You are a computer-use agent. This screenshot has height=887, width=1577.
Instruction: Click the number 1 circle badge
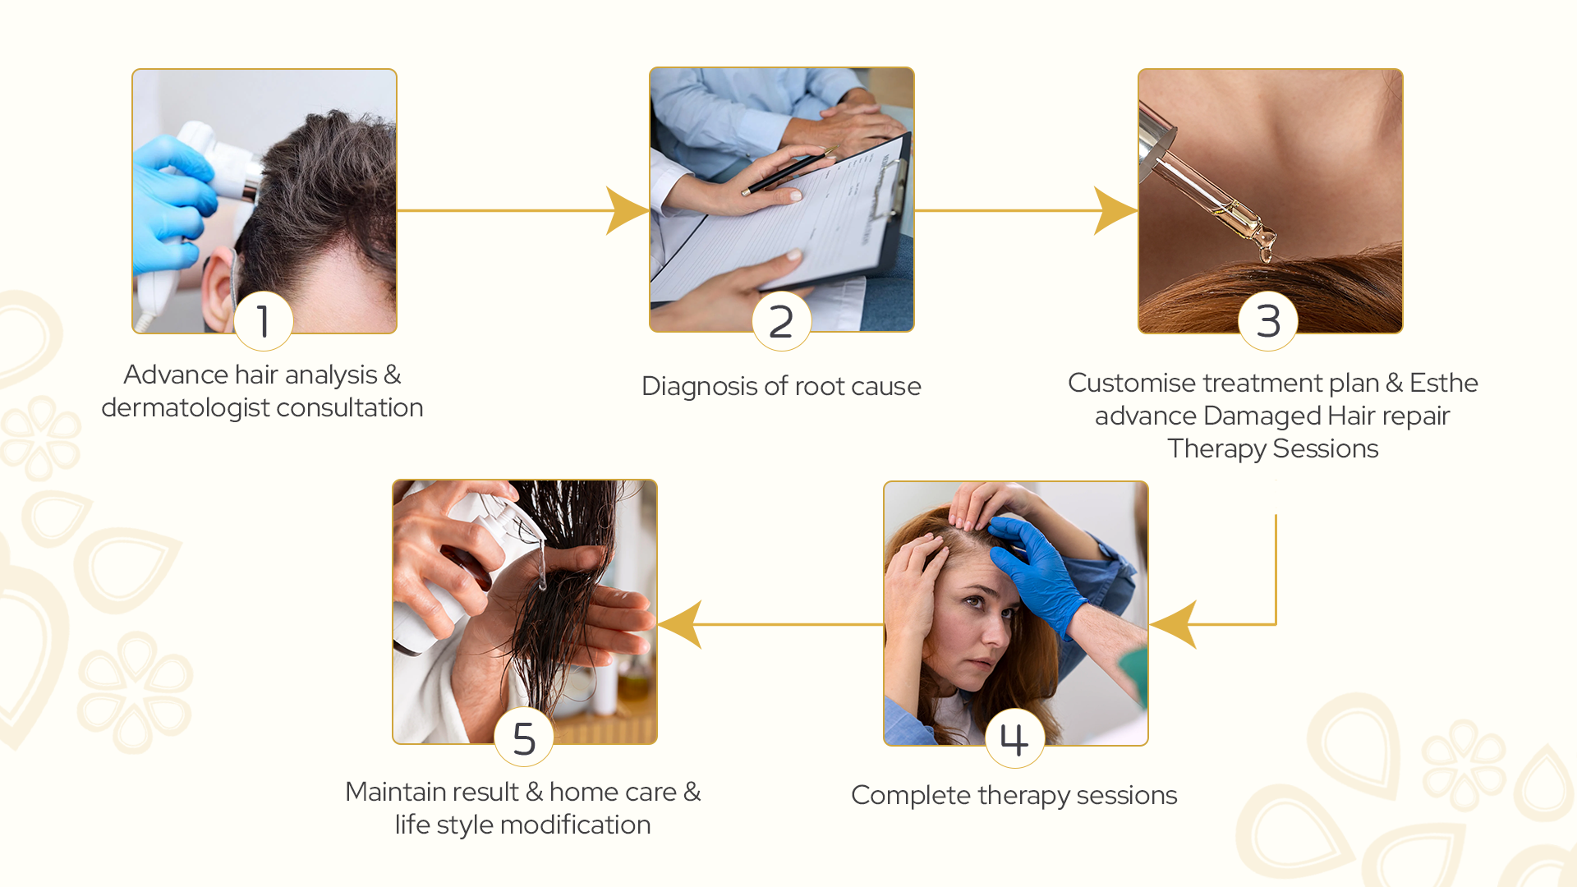click(264, 321)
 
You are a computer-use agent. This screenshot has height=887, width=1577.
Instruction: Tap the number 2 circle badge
click(781, 321)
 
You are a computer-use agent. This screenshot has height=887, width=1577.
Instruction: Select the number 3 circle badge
click(1268, 321)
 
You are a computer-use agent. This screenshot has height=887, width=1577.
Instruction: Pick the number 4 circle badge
click(1015, 738)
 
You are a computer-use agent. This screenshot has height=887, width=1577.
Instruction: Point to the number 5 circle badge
click(524, 738)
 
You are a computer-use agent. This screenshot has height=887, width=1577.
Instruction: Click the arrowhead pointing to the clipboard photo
click(628, 211)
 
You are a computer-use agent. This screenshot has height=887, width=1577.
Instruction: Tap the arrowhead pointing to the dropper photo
click(1115, 211)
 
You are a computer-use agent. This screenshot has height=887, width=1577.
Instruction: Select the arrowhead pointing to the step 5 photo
click(680, 624)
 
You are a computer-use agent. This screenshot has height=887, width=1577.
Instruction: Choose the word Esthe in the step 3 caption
click(1443, 383)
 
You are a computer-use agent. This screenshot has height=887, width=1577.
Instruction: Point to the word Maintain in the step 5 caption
click(432, 792)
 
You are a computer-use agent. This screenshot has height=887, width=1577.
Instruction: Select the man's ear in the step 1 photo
click(218, 292)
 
